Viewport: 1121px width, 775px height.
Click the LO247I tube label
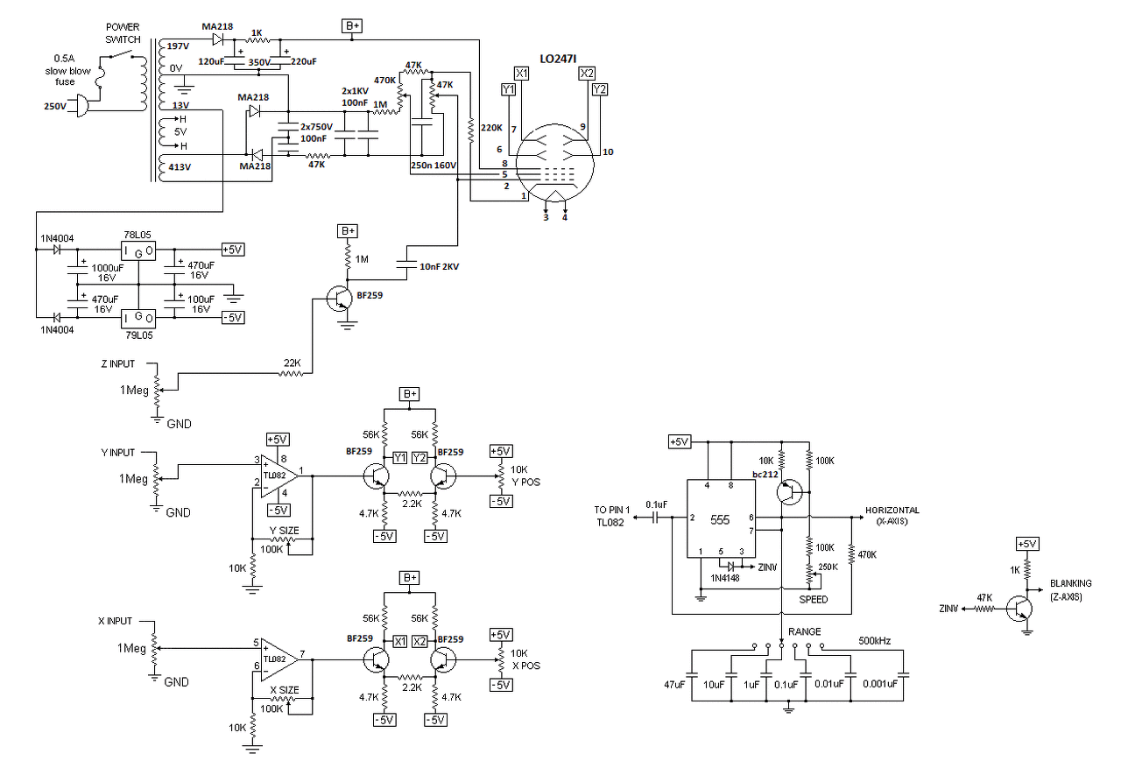point(558,59)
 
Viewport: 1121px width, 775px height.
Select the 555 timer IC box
point(721,518)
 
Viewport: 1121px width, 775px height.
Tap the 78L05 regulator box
point(138,251)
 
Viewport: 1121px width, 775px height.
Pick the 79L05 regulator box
point(138,318)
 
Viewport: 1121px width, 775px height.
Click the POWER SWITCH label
point(123,33)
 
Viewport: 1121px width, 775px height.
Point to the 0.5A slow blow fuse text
point(67,70)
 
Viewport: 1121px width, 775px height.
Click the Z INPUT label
point(118,363)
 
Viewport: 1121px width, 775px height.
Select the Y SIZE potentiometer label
point(285,531)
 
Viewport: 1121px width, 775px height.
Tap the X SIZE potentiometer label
point(285,690)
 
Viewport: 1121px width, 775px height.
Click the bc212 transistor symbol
point(790,492)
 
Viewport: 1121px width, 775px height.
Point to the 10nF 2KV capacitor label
point(439,267)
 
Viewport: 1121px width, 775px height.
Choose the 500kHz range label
point(874,641)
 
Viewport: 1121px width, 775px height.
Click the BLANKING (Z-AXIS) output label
point(1070,590)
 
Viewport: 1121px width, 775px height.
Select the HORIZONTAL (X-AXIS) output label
point(892,515)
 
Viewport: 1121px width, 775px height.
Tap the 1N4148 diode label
point(724,578)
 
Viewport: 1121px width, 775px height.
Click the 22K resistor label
point(293,363)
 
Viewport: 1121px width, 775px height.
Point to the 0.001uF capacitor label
point(880,684)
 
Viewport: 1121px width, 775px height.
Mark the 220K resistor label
point(491,128)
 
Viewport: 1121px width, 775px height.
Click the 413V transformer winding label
point(180,167)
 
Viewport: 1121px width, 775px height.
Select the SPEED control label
point(814,599)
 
